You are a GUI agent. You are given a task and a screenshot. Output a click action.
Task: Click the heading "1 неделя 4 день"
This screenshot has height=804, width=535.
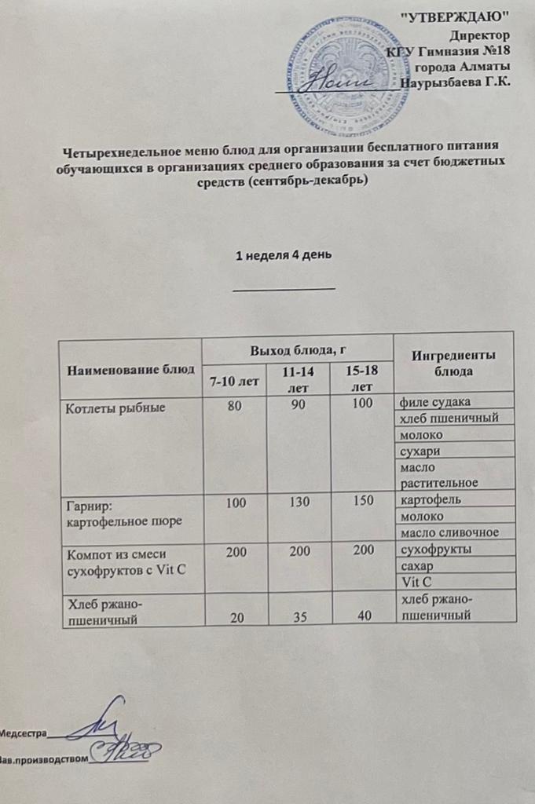[285, 255]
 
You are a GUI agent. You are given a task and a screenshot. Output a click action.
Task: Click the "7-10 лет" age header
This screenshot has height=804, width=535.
[233, 381]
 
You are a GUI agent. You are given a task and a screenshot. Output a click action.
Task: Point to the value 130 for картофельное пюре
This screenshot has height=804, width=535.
[299, 499]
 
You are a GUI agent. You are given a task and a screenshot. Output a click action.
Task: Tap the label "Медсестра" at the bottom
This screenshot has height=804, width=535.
[24, 735]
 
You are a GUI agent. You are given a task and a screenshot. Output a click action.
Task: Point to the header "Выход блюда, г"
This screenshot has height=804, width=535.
[296, 349]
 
